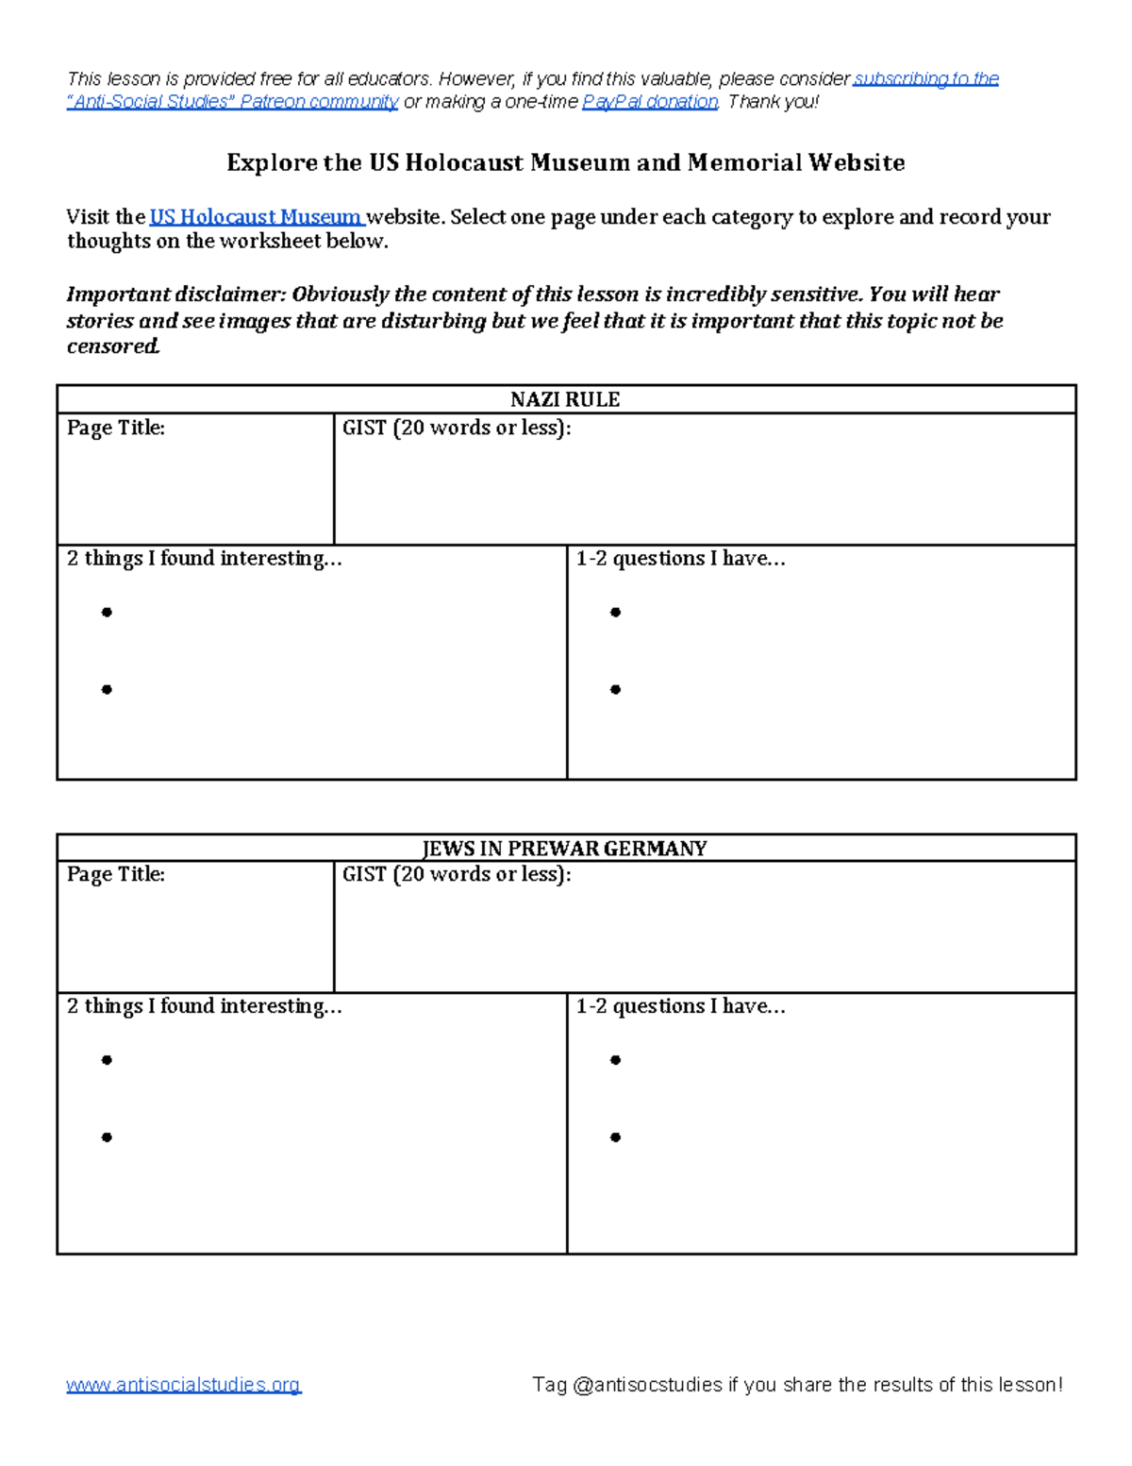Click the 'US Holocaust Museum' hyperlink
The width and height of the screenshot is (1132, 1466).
pyautogui.click(x=256, y=217)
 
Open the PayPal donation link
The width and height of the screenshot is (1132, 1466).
pyautogui.click(x=650, y=102)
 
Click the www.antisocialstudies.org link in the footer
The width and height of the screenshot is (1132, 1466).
pyautogui.click(x=183, y=1385)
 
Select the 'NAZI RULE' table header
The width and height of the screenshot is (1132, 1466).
pyautogui.click(x=565, y=399)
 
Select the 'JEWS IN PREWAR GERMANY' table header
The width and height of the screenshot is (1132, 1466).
pyautogui.click(x=565, y=848)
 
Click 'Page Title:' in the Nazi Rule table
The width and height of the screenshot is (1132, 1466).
pyautogui.click(x=115, y=428)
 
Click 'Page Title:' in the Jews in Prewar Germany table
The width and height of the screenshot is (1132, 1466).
pyautogui.click(x=115, y=874)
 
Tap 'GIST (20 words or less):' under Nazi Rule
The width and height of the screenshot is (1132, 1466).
pyautogui.click(x=457, y=428)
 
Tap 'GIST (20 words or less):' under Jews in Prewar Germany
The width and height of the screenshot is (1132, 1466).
pyautogui.click(x=457, y=874)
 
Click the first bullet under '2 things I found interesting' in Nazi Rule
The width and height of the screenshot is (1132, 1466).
pyautogui.click(x=107, y=613)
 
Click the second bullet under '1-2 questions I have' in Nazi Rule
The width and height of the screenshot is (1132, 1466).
pyautogui.click(x=615, y=690)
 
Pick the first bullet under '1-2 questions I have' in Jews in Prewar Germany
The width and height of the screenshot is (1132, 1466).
pyautogui.click(x=615, y=1060)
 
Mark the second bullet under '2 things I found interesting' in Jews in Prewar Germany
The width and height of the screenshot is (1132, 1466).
pyautogui.click(x=107, y=1137)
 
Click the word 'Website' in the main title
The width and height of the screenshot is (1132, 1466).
pyautogui.click(x=856, y=163)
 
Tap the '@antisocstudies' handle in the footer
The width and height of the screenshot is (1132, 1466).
pyautogui.click(x=646, y=1385)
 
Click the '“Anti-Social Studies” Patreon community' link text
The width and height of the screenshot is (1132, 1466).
pyautogui.click(x=232, y=102)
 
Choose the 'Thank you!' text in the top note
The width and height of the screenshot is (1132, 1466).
pyautogui.click(x=773, y=102)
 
